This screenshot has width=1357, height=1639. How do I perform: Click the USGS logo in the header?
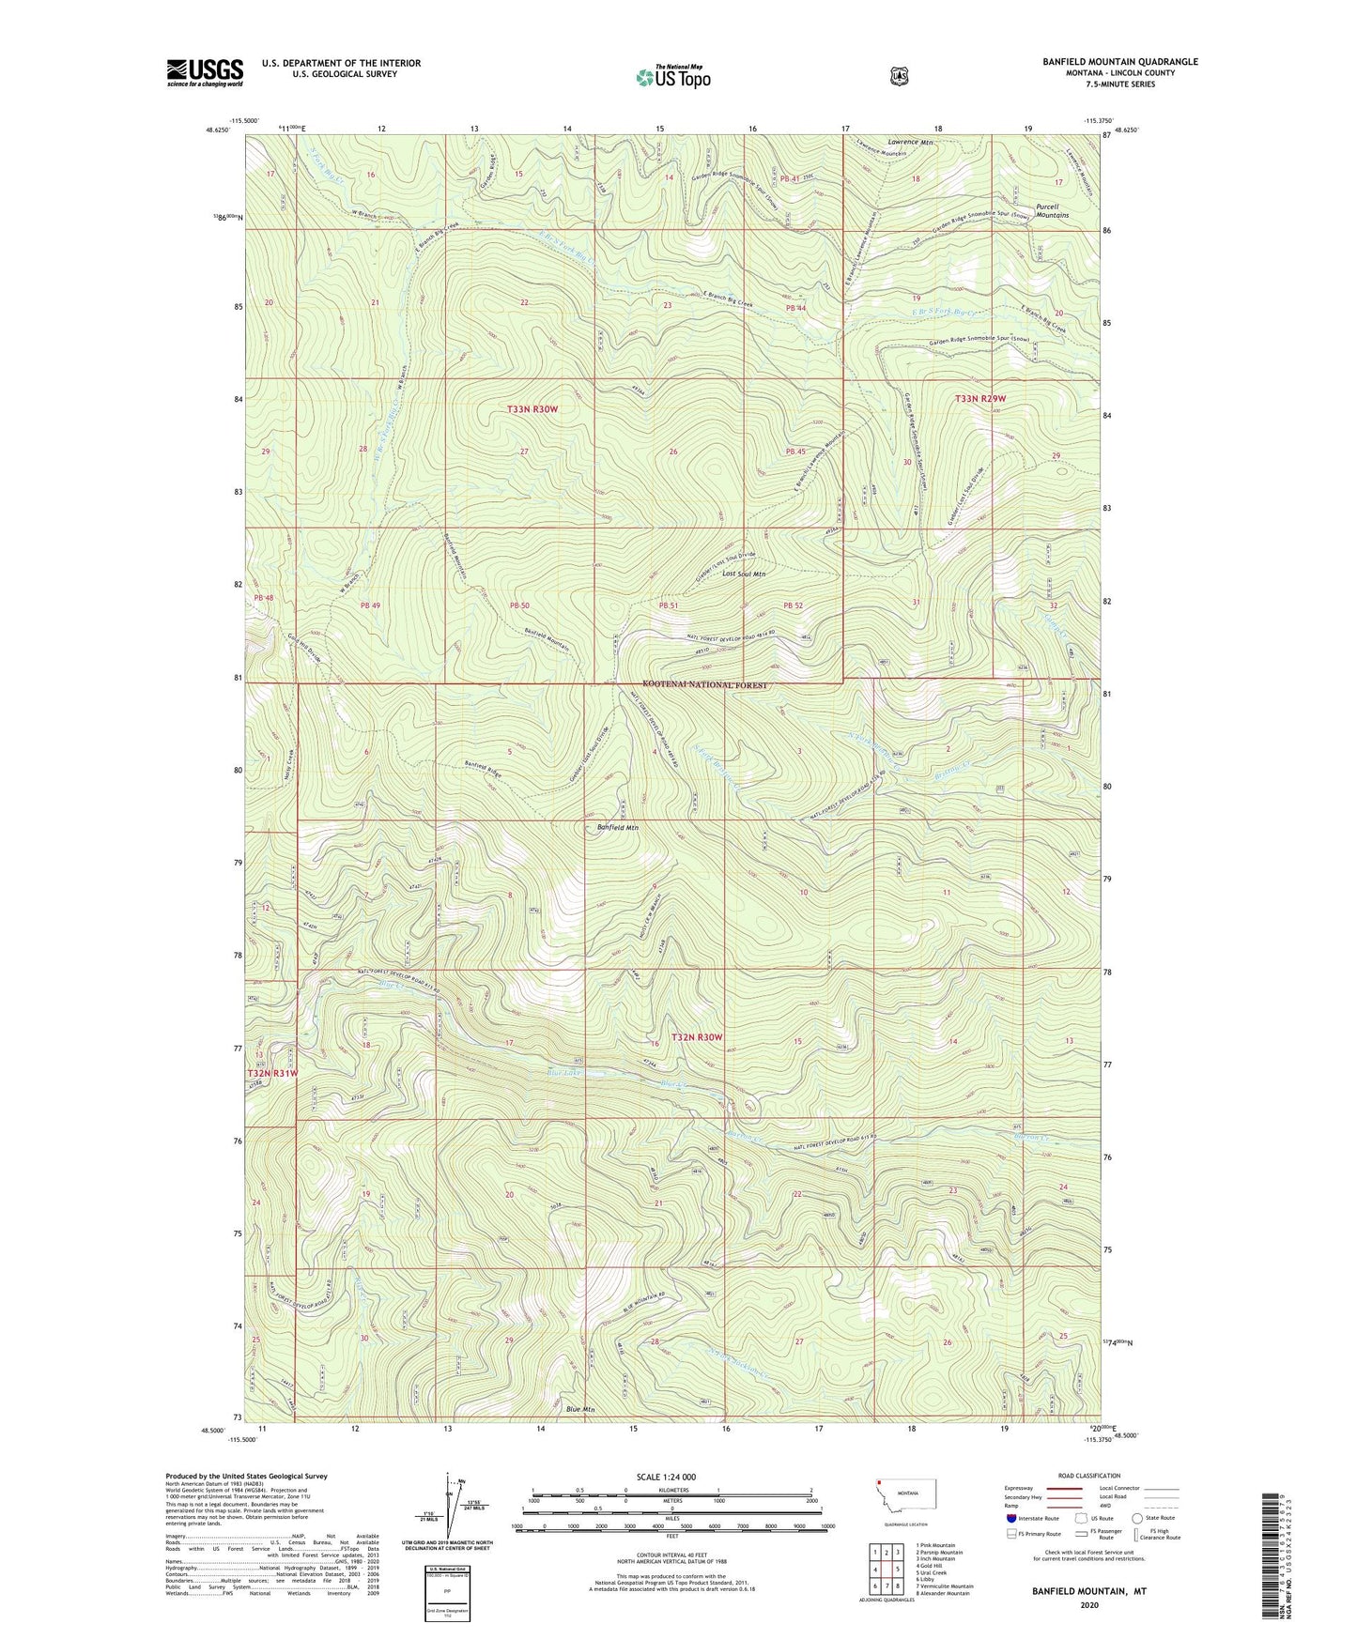[x=205, y=72]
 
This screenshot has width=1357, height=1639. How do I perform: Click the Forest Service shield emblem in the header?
[x=899, y=76]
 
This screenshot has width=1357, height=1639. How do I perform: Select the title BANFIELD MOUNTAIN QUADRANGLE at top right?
[x=1119, y=62]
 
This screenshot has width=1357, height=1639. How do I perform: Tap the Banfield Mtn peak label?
[x=618, y=828]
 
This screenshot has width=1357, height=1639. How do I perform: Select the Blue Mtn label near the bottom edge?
[x=580, y=1409]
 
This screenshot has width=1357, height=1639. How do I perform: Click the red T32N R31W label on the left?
[x=272, y=1073]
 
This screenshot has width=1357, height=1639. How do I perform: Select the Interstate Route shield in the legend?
[x=1010, y=1518]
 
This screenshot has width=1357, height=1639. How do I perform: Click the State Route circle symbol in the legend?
[x=1137, y=1518]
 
